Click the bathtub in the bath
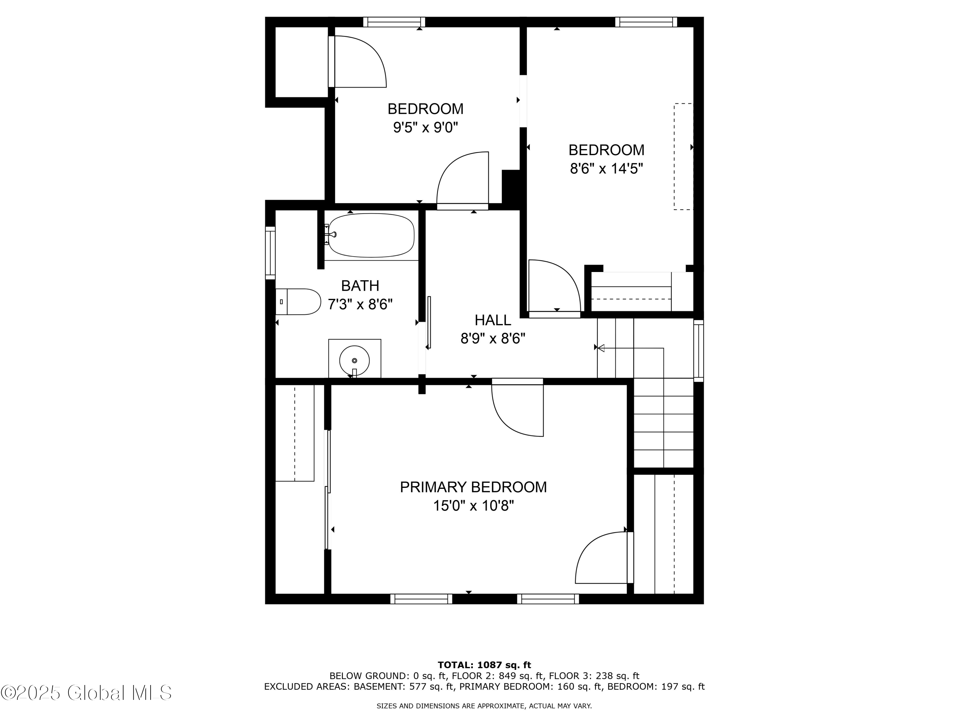tap(371, 236)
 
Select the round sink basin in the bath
tap(354, 360)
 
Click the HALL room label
tap(493, 320)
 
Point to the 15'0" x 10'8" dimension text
tap(473, 506)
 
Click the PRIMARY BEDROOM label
tap(473, 487)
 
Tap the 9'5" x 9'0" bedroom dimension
tap(425, 128)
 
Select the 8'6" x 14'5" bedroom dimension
tap(606, 168)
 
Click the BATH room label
tap(360, 286)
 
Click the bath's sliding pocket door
tap(429, 323)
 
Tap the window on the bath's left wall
tap(270, 253)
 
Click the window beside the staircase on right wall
tap(699, 350)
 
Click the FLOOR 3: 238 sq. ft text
tap(594, 676)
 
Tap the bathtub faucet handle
tap(332, 235)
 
